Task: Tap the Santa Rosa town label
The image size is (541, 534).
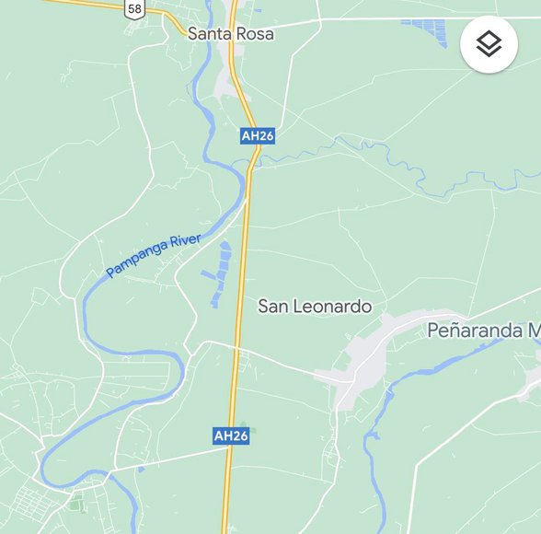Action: click(x=231, y=33)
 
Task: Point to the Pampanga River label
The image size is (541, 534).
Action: click(x=153, y=256)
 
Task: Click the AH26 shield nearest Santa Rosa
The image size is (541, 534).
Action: click(x=258, y=135)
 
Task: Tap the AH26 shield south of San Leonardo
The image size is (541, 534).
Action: click(x=231, y=435)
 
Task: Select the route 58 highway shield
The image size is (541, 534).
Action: click(x=135, y=8)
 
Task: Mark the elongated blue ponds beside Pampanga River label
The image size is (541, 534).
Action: click(x=221, y=273)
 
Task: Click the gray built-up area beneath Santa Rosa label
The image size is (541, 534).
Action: click(x=227, y=85)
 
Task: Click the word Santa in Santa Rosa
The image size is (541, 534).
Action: click(x=209, y=33)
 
